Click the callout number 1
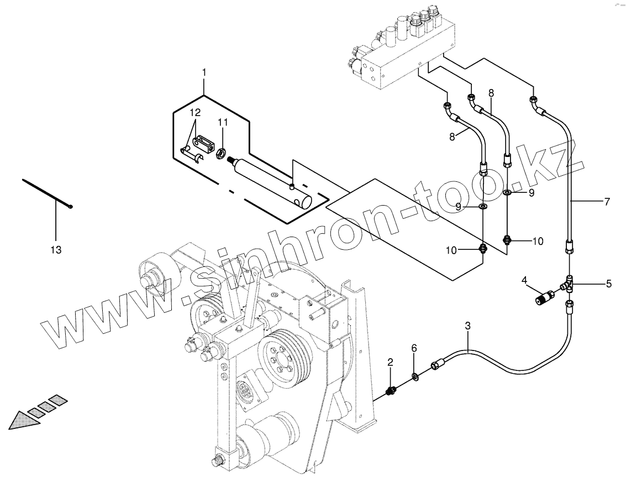(x=204, y=72)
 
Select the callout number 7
(x=607, y=202)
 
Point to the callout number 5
(x=608, y=284)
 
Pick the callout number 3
(x=467, y=326)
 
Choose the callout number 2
(x=390, y=363)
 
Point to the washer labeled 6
(x=414, y=378)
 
